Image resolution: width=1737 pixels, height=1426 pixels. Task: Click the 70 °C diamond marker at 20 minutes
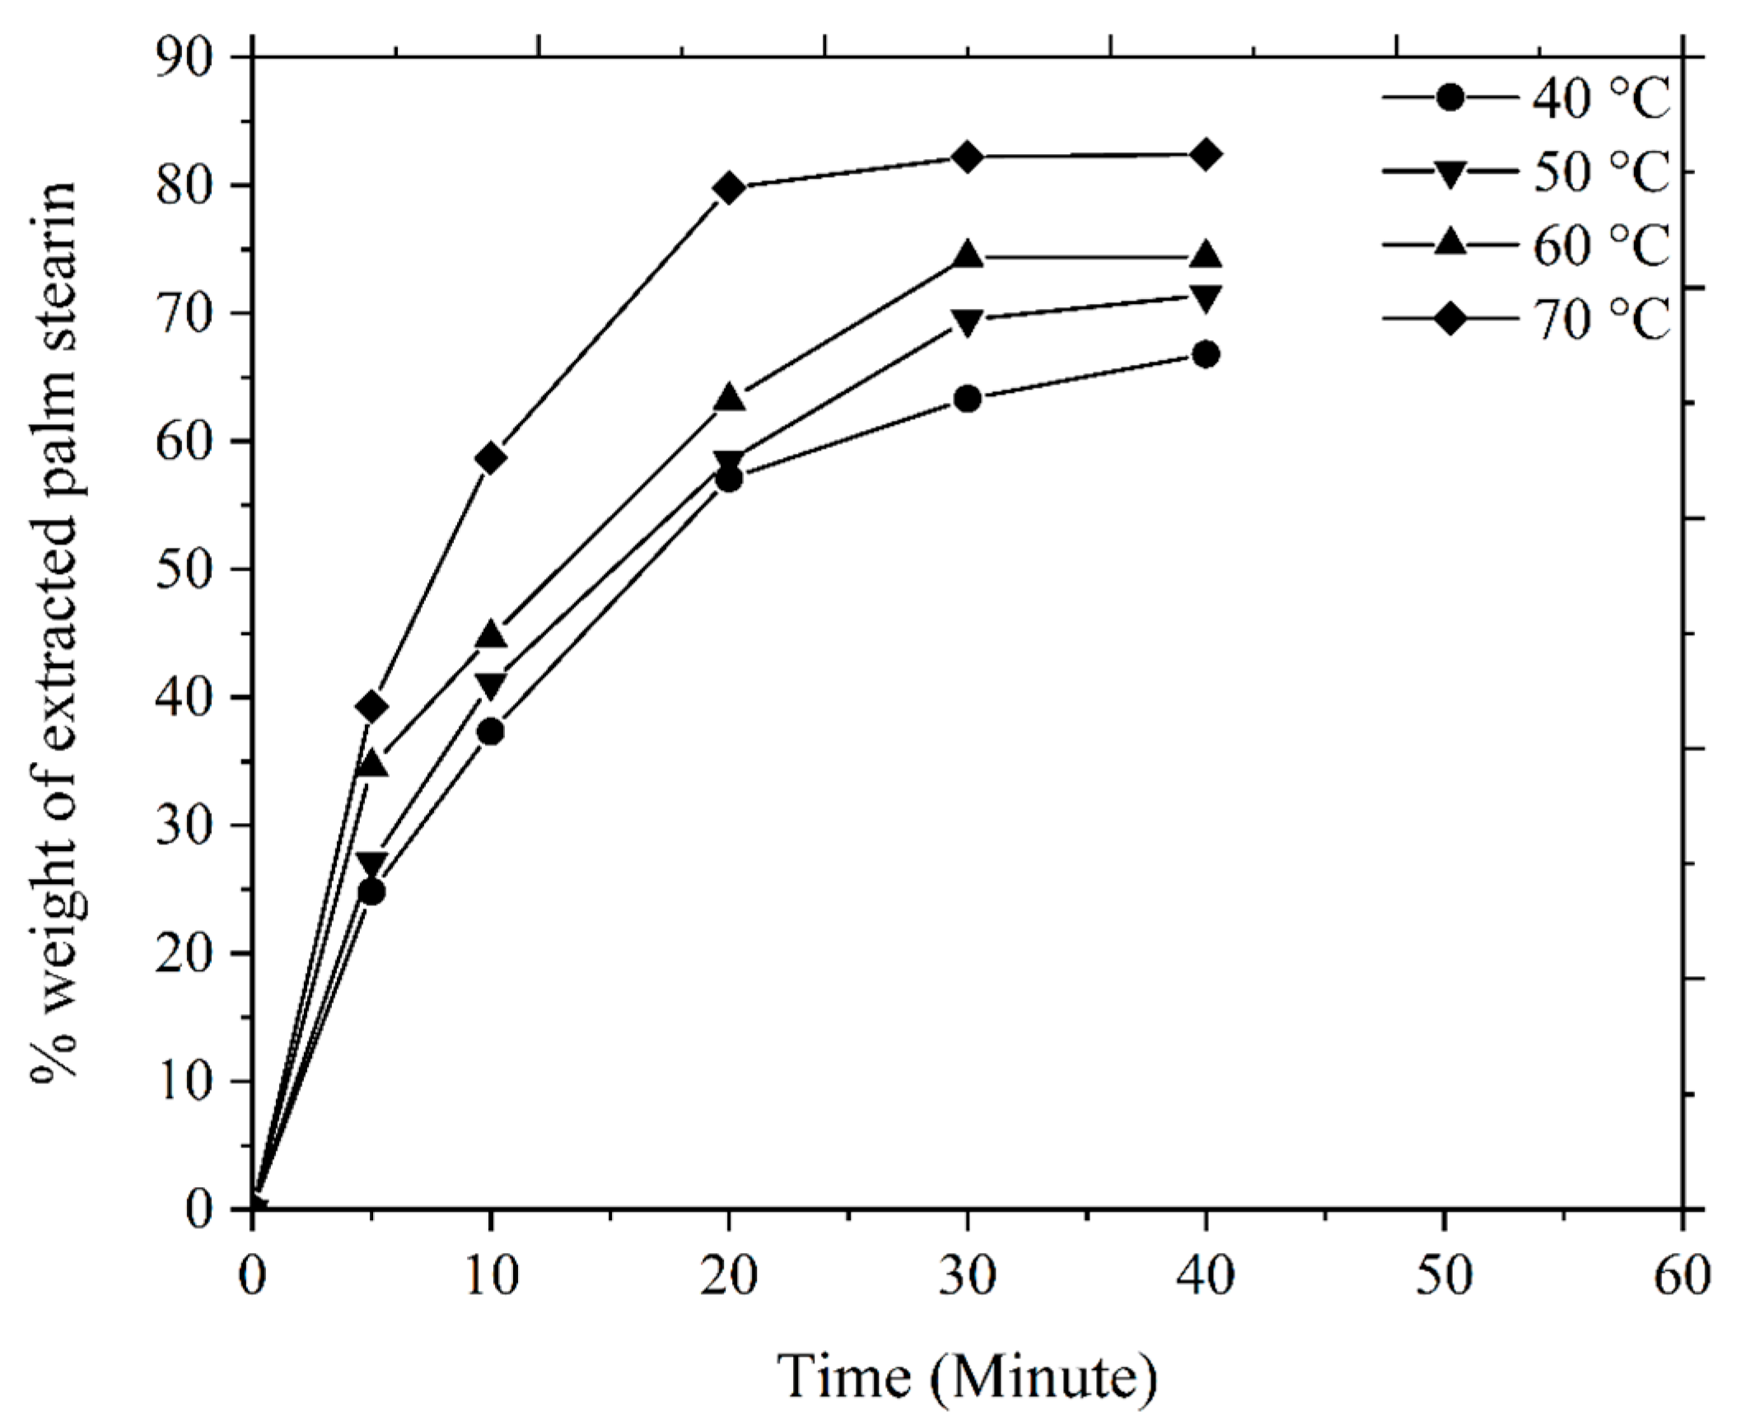pos(729,187)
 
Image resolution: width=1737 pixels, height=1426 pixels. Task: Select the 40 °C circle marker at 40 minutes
pos(1205,355)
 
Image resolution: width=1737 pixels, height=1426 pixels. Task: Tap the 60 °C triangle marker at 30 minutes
pos(968,256)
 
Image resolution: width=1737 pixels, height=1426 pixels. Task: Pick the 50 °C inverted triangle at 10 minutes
pos(491,685)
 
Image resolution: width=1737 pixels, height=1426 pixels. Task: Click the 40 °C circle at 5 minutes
pos(372,892)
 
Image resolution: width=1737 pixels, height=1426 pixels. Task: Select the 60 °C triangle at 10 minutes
pos(491,634)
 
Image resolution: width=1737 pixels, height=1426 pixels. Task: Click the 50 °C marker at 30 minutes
pos(968,321)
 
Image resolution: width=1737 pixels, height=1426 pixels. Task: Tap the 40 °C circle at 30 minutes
pos(968,400)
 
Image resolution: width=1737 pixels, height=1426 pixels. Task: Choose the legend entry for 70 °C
pos(1529,319)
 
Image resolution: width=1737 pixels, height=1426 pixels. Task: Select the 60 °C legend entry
pos(1529,245)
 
